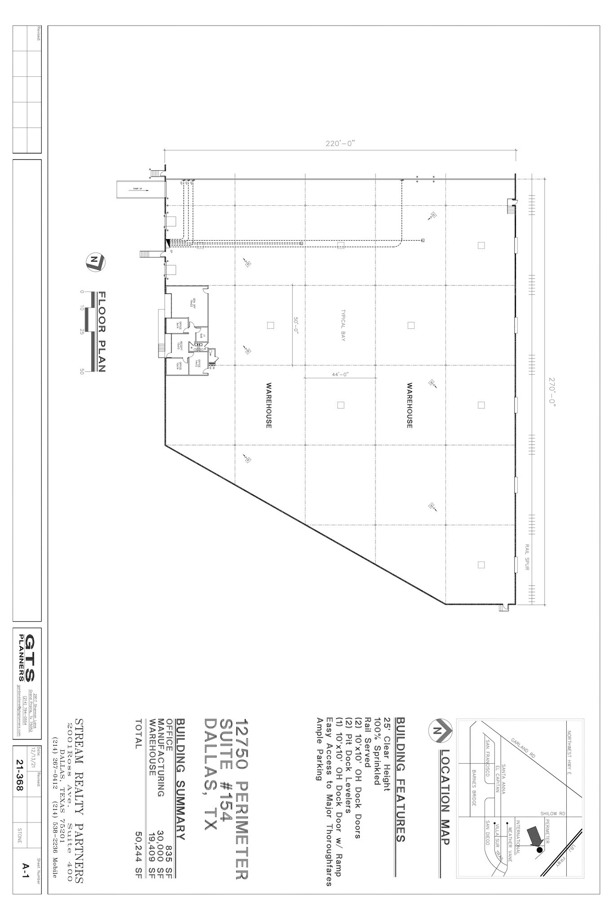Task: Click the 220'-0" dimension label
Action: click(x=340, y=144)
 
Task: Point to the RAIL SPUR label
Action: click(x=527, y=557)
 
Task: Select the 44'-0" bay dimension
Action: click(x=340, y=374)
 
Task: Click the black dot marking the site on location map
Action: click(x=539, y=850)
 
